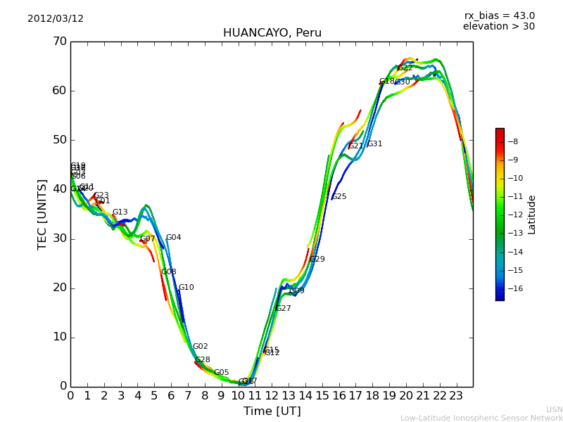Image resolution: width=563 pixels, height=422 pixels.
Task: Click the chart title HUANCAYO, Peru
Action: click(272, 33)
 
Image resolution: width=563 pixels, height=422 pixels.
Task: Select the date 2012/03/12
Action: click(56, 19)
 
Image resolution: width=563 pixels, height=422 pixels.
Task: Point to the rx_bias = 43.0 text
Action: click(499, 16)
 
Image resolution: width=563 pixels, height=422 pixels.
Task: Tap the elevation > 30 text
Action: click(498, 27)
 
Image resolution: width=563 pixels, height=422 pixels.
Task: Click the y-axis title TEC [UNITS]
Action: click(42, 214)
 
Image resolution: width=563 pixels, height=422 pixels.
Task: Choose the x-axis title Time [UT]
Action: click(272, 411)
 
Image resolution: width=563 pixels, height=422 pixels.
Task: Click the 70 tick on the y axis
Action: click(59, 41)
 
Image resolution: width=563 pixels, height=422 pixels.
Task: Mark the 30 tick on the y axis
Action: click(59, 238)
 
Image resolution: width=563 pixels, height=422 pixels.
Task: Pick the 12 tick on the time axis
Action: click(272, 396)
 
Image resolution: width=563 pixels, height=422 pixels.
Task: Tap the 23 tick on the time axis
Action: click(456, 396)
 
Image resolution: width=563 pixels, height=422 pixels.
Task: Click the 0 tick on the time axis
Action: click(70, 396)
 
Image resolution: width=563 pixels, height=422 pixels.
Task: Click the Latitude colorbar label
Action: click(532, 214)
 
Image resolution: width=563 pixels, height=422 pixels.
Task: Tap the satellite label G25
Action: click(339, 197)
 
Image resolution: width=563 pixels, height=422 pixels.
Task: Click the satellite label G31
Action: click(375, 144)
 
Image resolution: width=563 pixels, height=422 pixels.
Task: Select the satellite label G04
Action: click(173, 238)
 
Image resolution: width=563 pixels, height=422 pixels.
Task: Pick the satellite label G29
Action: click(317, 260)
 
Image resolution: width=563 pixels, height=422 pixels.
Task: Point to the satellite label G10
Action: click(186, 288)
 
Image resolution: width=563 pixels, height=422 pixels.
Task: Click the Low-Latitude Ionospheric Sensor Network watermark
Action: click(481, 418)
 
